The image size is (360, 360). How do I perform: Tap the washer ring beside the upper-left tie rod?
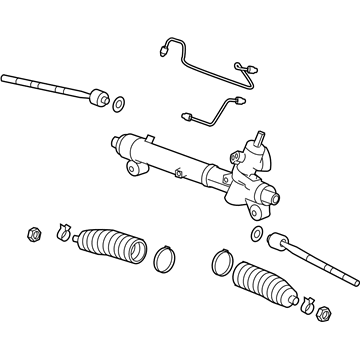tap(120, 103)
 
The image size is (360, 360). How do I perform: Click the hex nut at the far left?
tap(31, 236)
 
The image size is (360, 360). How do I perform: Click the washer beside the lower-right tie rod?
tap(256, 235)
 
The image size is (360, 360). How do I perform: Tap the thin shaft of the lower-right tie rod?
tap(325, 264)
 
